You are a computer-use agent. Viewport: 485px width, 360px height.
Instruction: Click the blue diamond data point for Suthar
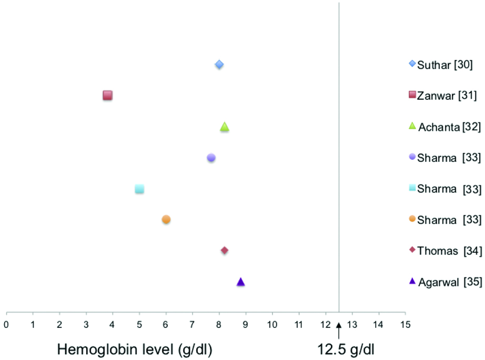[x=219, y=65]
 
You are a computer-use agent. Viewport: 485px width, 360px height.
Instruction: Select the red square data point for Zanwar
[x=107, y=95]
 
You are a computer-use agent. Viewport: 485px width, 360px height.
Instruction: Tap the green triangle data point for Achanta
[x=225, y=127]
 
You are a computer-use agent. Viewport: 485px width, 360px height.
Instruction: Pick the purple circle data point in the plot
[x=211, y=158]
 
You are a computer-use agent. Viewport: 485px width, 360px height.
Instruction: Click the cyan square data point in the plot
[x=139, y=189]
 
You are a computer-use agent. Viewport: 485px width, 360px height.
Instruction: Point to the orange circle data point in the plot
[x=166, y=219]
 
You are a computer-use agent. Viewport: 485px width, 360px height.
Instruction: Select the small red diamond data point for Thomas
[x=225, y=250]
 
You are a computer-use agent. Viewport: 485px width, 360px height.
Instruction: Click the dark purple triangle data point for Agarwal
[x=241, y=282]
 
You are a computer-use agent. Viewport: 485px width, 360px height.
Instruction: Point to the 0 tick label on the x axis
[x=6, y=324]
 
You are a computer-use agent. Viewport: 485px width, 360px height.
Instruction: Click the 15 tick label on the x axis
[x=405, y=324]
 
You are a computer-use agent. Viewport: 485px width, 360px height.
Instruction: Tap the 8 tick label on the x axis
[x=219, y=324]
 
